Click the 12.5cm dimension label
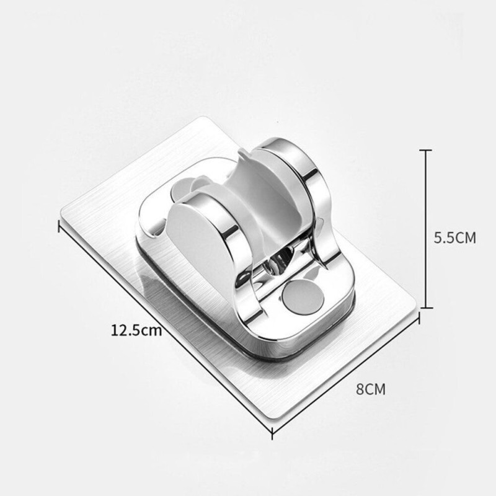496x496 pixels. pos(136,330)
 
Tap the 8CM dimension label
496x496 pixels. pos(371,389)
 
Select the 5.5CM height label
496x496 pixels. pos(454,237)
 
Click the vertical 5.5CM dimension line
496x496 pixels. pos(427,229)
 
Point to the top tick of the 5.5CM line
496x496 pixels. pos(427,151)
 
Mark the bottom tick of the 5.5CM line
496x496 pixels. pos(427,307)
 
